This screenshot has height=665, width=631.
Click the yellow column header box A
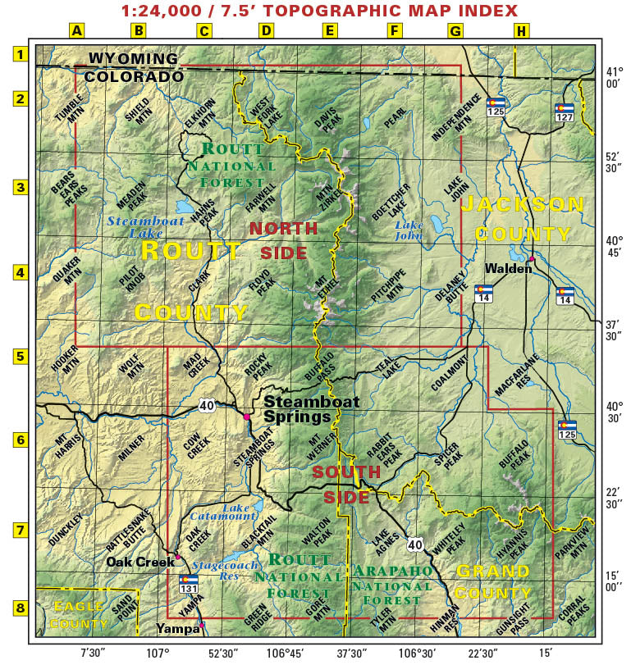tap(76, 31)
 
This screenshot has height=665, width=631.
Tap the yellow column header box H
tap(521, 31)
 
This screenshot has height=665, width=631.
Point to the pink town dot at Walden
tap(532, 259)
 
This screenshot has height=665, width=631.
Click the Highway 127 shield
tap(564, 112)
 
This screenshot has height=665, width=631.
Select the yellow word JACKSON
tap(522, 204)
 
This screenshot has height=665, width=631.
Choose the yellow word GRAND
tap(493, 571)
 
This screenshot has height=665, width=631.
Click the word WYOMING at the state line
tap(133, 59)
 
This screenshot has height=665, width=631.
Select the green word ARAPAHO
tap(391, 571)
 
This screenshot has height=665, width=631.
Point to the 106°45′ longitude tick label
tap(286, 653)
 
